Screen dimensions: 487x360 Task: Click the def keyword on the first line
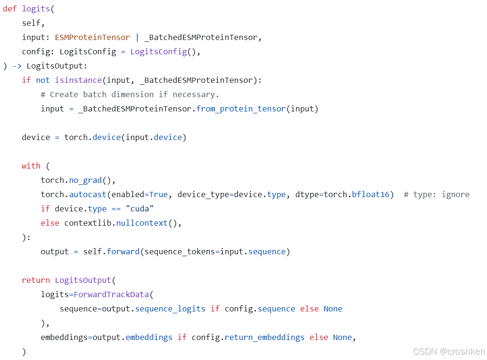coord(10,9)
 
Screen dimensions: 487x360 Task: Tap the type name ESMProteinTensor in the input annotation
coord(92,37)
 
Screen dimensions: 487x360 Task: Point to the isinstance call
coord(78,80)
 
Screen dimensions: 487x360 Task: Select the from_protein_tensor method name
coord(241,109)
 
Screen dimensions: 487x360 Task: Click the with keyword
coord(31,166)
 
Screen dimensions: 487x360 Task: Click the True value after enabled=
coord(158,194)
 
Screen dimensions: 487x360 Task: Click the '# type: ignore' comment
coord(436,194)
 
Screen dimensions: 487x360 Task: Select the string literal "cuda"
coord(140,209)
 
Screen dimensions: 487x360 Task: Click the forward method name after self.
coord(123,251)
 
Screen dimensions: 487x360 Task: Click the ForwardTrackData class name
coord(111,294)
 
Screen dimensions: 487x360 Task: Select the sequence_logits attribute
coord(170,309)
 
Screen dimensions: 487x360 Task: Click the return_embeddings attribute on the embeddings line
coord(264,337)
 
